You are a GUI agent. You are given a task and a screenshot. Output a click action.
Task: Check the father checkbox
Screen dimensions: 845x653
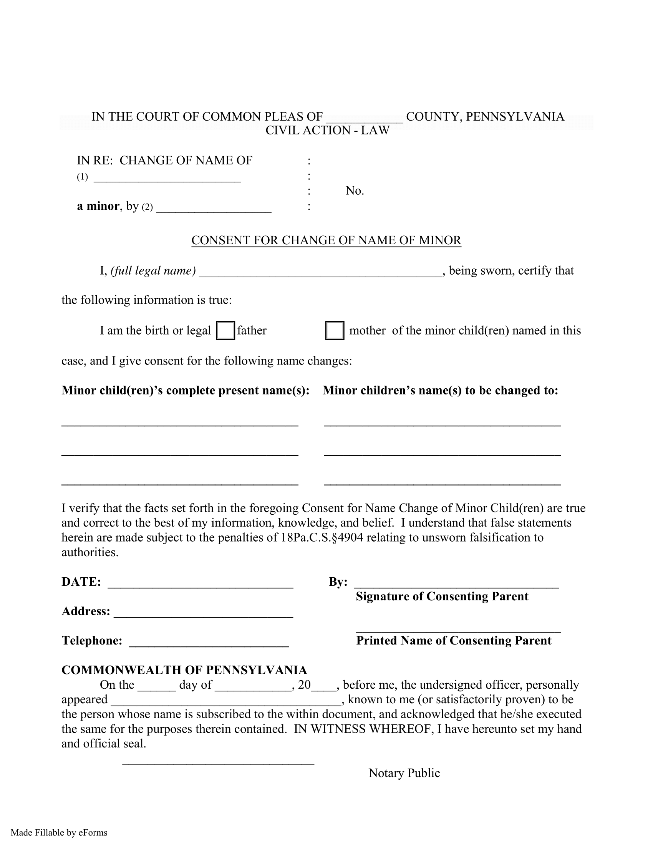click(x=225, y=330)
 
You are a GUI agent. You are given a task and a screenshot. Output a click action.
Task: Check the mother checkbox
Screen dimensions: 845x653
click(x=335, y=330)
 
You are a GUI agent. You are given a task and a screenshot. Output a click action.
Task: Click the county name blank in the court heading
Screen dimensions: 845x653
click(x=365, y=118)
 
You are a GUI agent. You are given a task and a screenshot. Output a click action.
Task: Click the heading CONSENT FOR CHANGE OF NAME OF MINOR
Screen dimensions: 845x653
click(x=326, y=240)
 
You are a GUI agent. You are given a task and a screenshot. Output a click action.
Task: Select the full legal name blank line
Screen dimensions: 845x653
click(x=320, y=272)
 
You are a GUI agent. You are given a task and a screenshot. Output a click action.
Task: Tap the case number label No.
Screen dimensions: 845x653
click(x=355, y=191)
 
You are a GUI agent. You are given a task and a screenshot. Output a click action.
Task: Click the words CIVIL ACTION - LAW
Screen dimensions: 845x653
click(x=327, y=130)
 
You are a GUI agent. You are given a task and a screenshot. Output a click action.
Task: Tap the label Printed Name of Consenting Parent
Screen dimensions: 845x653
click(x=453, y=641)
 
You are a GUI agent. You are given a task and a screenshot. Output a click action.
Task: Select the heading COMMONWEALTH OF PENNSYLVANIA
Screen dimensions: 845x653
click(x=184, y=670)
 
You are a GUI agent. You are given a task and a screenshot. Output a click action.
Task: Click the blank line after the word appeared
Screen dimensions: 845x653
click(x=227, y=700)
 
